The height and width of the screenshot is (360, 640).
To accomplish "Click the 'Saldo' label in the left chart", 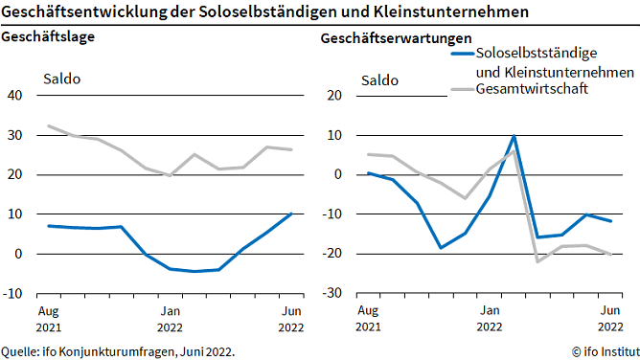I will pos(61,78).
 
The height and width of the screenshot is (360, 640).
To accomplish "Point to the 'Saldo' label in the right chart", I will pos(379,78).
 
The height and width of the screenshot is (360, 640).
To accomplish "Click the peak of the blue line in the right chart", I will pos(514,136).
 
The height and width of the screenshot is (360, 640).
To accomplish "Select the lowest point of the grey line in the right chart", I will pos(537,261).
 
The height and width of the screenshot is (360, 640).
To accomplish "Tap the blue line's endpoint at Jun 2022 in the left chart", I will pos(291,214).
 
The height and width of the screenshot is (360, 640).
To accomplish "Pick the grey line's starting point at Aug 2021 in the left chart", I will pos(49,126).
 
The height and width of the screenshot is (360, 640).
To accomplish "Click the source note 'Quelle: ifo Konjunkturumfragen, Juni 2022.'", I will pos(118,351).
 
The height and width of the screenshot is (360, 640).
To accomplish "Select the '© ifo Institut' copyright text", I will pos(600,351).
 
